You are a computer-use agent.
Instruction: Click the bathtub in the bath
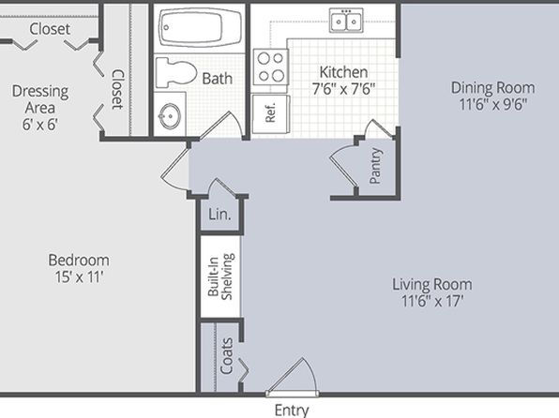[200, 27]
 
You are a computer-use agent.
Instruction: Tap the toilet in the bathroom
[176, 73]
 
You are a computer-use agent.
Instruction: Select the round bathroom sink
[170, 116]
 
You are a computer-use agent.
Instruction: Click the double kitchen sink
[346, 21]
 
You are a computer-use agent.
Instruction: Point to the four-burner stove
[270, 67]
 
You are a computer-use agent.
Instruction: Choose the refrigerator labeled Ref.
[271, 114]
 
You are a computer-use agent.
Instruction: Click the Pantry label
[375, 166]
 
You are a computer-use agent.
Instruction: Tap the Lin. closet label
[219, 215]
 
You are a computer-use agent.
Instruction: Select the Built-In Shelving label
[220, 276]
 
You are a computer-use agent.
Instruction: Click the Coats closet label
[226, 355]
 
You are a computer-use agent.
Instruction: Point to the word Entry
[292, 411]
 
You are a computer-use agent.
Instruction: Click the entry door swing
[292, 377]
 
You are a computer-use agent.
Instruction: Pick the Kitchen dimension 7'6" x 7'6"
[343, 89]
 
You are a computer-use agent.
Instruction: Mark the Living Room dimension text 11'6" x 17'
[432, 301]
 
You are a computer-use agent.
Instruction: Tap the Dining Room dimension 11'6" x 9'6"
[493, 104]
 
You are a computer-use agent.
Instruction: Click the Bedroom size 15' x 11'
[79, 276]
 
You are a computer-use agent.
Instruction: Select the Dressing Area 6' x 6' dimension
[40, 125]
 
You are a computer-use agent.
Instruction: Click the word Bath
[217, 79]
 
